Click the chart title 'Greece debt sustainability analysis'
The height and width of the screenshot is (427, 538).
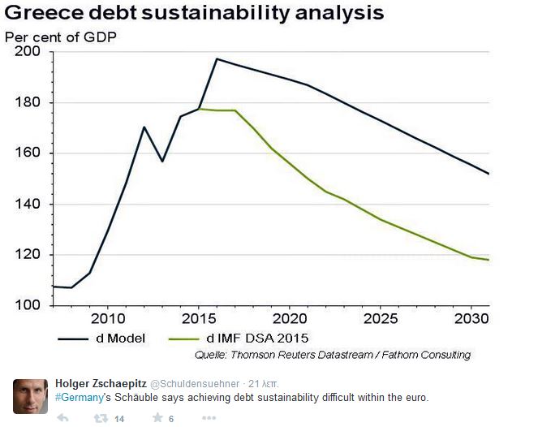click(194, 14)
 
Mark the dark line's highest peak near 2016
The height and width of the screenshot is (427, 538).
click(217, 58)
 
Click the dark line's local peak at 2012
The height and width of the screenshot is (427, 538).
click(144, 127)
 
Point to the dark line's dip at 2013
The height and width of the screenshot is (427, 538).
click(162, 161)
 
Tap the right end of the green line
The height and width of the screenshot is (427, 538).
click(489, 260)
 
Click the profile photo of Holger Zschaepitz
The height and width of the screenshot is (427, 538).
click(30, 396)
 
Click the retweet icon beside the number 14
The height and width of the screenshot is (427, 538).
click(101, 418)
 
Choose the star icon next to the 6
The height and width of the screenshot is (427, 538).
click(157, 418)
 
